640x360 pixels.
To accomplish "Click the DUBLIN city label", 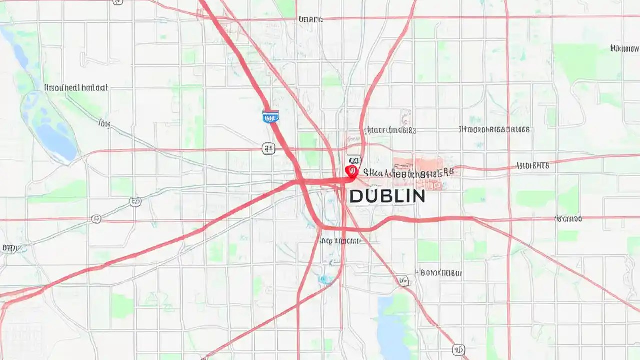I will (x=387, y=196).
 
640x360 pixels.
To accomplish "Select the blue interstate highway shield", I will (x=270, y=117).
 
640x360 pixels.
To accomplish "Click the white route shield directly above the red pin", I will (x=354, y=160).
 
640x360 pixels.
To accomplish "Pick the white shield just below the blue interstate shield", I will (x=269, y=148).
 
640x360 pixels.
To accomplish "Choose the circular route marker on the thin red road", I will (x=96, y=219).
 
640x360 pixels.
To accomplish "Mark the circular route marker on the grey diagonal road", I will (x=135, y=202).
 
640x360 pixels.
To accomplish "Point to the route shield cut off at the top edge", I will (x=118, y=2).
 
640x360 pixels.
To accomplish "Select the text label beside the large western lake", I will (x=76, y=87).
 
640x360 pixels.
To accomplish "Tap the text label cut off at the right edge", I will (x=624, y=48).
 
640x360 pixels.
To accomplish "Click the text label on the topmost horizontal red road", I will (x=310, y=19).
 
